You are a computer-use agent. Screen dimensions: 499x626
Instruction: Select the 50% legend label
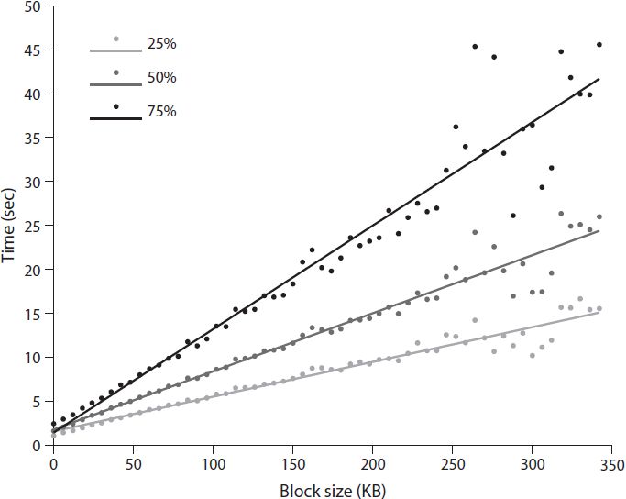pyautogui.click(x=161, y=78)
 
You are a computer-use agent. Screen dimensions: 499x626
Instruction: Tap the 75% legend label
pyautogui.click(x=161, y=111)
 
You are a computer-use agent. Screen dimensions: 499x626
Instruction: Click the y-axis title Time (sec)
pyautogui.click(x=10, y=226)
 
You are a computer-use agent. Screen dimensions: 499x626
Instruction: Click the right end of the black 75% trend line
pyautogui.click(x=599, y=80)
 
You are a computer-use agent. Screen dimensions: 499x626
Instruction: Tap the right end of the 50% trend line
pyautogui.click(x=599, y=231)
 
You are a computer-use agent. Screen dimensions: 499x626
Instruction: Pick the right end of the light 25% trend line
pyautogui.click(x=599, y=313)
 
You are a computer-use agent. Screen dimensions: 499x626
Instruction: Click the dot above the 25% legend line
pyautogui.click(x=115, y=39)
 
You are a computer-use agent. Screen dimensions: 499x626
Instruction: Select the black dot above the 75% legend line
pyautogui.click(x=115, y=106)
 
